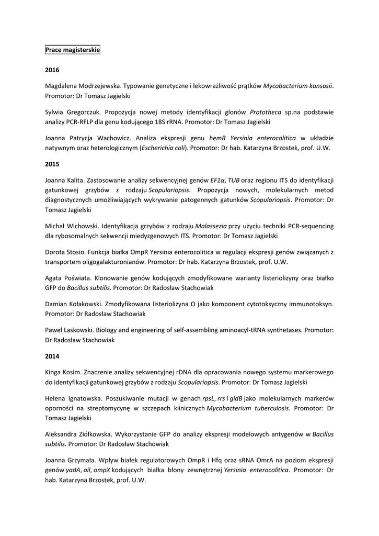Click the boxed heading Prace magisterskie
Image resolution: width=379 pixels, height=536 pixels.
click(72, 50)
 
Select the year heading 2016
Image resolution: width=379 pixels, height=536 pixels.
click(52, 70)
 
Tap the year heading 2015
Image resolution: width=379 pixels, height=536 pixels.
click(52, 164)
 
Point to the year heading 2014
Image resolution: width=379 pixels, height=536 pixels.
click(52, 356)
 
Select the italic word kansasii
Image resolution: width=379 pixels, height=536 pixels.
click(318, 85)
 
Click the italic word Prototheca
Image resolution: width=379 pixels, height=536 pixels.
click(266, 112)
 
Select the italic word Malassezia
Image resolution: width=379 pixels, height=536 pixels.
click(211, 226)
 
